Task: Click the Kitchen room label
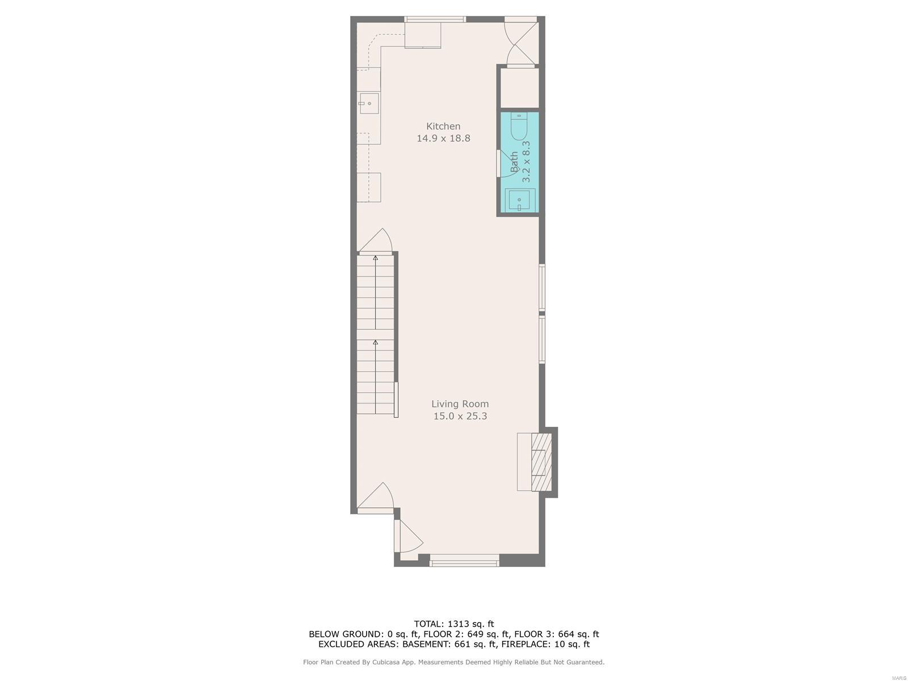[443, 126]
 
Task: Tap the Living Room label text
[460, 403]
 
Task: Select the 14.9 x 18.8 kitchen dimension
[443, 138]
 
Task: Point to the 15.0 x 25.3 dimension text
[460, 416]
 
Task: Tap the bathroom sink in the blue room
[520, 200]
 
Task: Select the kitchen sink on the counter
[368, 103]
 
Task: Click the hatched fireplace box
[541, 462]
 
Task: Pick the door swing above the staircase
[378, 241]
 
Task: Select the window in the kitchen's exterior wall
[435, 19]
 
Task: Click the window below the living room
[465, 563]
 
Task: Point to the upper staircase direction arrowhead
[375, 258]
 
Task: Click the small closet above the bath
[520, 87]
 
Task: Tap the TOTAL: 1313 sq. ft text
[454, 624]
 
